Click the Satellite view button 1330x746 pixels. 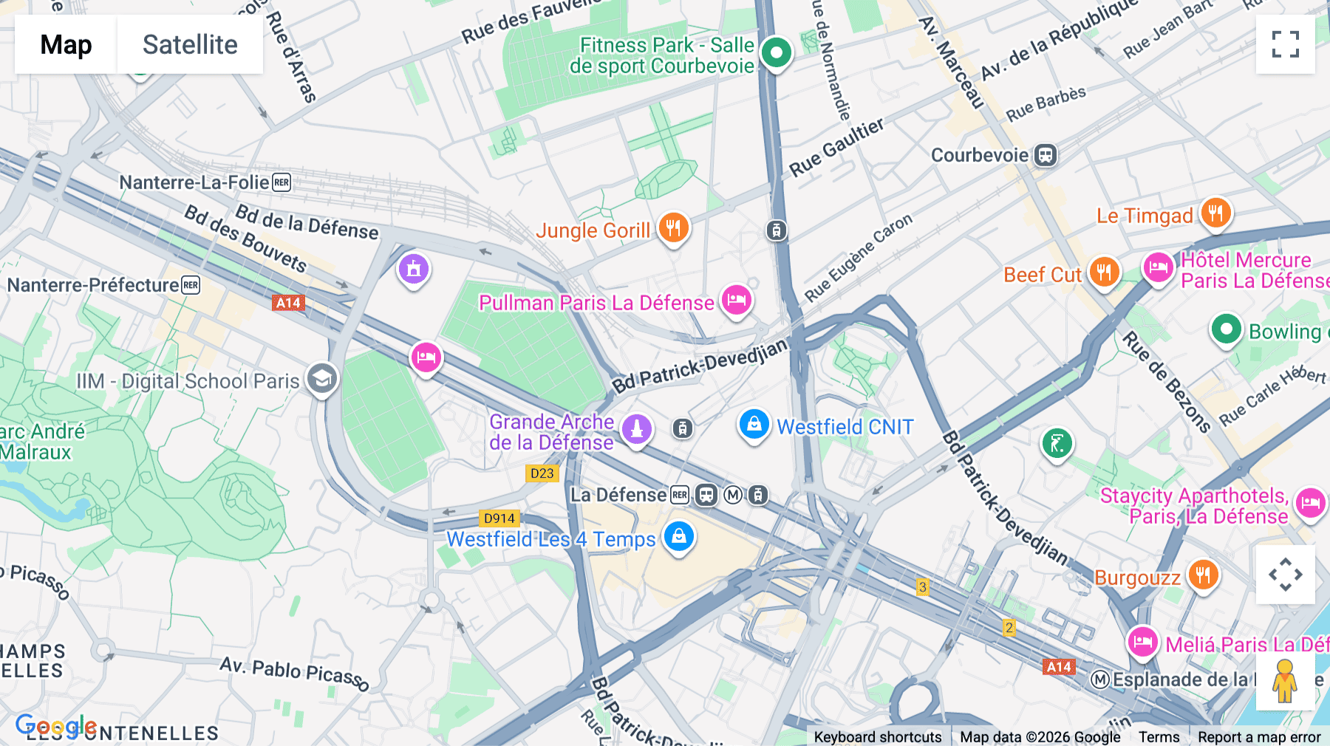190,44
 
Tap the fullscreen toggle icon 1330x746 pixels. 1285,44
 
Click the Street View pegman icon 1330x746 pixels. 1285,681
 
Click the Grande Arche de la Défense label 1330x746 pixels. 551,432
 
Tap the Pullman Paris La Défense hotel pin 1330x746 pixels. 736,300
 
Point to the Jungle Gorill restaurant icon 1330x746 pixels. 673,227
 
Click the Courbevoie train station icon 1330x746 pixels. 1045,155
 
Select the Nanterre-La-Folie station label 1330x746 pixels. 194,182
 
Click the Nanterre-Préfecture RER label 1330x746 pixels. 93,285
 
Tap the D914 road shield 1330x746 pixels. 499,519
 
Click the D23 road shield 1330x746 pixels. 542,473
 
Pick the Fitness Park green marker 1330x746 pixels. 776,52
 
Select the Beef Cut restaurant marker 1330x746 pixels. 1104,273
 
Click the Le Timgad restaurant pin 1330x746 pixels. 1215,213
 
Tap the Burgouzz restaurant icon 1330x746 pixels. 1203,574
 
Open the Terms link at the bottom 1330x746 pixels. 1159,736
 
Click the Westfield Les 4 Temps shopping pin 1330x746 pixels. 678,536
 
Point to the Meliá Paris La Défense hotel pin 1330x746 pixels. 1142,642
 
